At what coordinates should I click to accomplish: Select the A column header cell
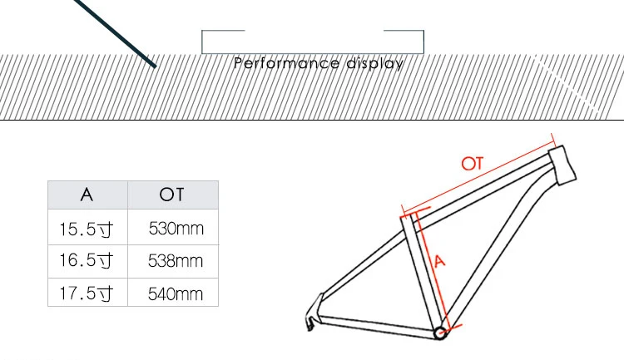[x=87, y=195]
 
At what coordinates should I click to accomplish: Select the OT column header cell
[x=171, y=195]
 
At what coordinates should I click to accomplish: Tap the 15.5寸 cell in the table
[x=86, y=228]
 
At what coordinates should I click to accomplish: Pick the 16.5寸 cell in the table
[x=86, y=260]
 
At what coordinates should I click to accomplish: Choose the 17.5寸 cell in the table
[x=86, y=293]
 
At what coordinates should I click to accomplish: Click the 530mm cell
[x=176, y=228]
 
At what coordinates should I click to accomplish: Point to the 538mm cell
[x=176, y=260]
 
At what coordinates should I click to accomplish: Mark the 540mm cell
[x=176, y=293]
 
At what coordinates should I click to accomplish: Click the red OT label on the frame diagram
[x=473, y=163]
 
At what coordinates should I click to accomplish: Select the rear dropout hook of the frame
[x=310, y=318]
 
